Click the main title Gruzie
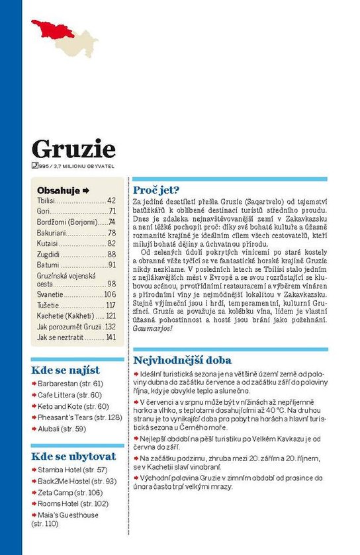[73, 149]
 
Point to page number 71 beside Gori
[112, 211]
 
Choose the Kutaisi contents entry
[48, 243]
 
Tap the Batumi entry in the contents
[48, 265]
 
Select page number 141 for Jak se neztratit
[111, 337]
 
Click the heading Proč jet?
[156, 187]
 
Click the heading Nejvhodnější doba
[182, 361]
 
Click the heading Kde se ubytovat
[73, 456]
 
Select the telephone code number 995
[46, 165]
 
